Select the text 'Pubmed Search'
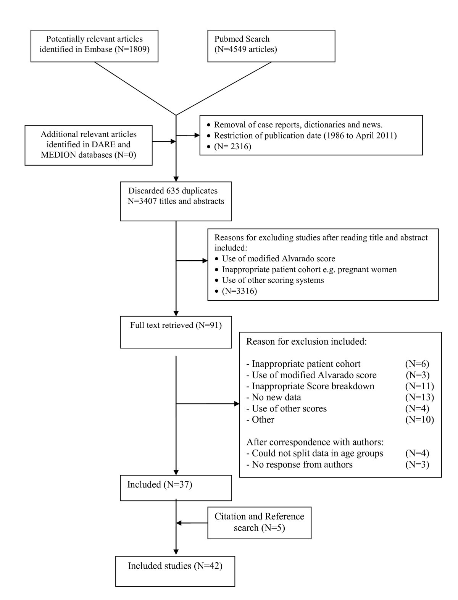(242, 39)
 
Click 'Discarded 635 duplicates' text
(173, 190)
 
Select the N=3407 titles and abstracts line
(176, 201)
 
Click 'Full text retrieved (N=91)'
(176, 325)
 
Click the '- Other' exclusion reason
(260, 419)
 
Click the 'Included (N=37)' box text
(160, 485)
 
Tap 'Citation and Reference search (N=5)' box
(260, 522)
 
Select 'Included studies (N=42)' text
(175, 566)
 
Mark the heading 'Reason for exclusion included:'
(306, 341)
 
